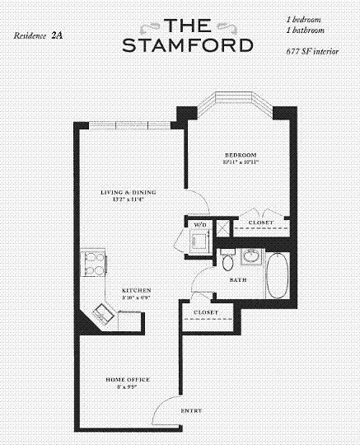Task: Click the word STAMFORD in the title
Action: coord(187,44)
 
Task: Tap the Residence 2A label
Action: coord(38,36)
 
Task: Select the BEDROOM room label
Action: coord(241,155)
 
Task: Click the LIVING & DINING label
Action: coord(128,193)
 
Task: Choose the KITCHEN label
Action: coord(136,291)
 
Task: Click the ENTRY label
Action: coord(191,410)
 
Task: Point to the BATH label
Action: coord(238,280)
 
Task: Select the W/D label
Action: coord(199,224)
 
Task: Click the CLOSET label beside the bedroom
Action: coord(260,222)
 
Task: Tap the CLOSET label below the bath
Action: coord(206,313)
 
